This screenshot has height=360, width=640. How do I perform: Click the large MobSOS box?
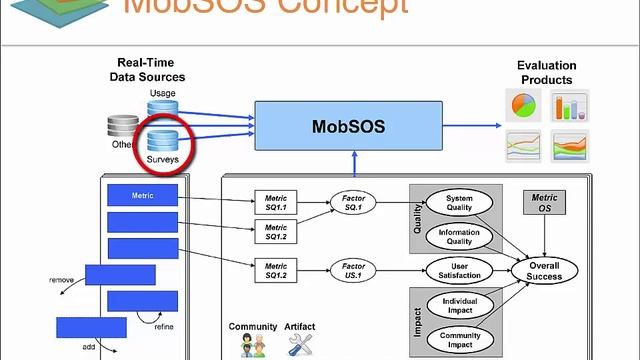[348, 127]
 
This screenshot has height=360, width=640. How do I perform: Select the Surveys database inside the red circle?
[163, 144]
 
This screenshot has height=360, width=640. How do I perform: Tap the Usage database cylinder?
[163, 108]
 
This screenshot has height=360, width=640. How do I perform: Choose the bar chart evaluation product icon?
[570, 105]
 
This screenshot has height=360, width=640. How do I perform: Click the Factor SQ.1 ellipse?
[353, 204]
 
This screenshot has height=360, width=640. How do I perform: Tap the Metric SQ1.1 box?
[276, 203]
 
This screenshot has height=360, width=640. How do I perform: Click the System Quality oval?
[459, 203]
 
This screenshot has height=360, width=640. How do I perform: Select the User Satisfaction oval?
[459, 269]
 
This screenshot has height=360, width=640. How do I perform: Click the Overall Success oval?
[544, 270]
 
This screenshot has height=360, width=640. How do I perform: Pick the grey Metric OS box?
[544, 203]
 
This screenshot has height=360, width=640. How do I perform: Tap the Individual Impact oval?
[459, 304]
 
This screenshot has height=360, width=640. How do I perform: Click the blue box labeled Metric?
[142, 195]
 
